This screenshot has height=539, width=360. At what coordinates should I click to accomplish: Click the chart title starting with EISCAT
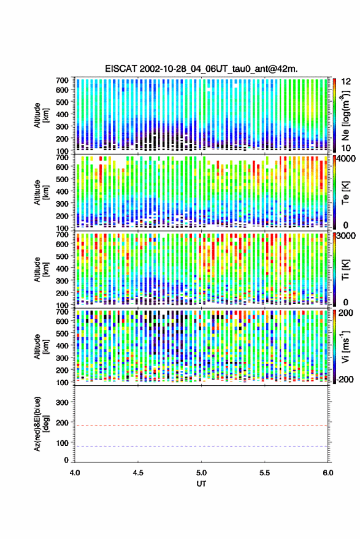tap(202, 69)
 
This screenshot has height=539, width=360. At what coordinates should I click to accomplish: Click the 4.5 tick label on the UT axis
tap(138, 473)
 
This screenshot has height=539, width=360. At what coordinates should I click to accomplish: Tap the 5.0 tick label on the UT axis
tap(202, 473)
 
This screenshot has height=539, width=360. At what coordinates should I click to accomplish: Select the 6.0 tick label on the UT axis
tap(327, 473)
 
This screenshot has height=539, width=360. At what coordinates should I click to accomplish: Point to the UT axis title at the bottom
tap(202, 484)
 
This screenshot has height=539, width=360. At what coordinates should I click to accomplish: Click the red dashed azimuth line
tap(202, 426)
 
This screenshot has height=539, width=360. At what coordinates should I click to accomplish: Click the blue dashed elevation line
tap(202, 446)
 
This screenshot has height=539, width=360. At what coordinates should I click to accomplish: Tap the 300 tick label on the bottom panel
tap(62, 402)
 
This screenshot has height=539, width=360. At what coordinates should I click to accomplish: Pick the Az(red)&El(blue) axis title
tap(42, 424)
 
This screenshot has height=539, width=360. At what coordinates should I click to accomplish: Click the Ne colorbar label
tap(345, 115)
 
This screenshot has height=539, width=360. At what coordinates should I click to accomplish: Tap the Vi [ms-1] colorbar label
tap(345, 347)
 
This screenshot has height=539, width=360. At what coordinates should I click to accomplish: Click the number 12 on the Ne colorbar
tap(347, 82)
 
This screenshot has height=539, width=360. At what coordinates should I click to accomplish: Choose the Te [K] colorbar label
tap(345, 192)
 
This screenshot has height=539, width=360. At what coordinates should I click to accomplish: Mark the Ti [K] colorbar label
tap(345, 269)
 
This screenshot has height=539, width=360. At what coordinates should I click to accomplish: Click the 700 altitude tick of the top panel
tap(62, 80)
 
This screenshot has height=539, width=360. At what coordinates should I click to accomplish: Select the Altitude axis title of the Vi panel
tap(42, 346)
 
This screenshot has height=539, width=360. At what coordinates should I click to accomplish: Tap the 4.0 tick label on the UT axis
tap(75, 473)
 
